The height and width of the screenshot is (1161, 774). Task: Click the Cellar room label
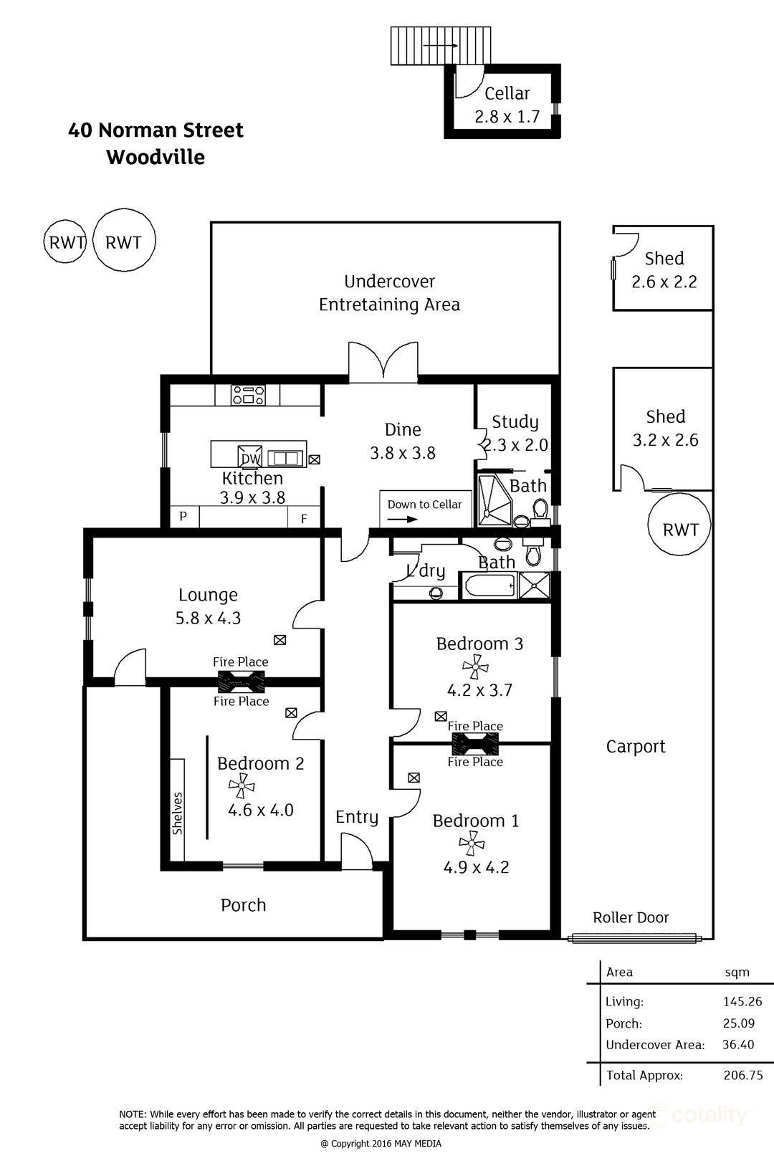507,93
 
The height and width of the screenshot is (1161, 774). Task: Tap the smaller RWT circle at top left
66,242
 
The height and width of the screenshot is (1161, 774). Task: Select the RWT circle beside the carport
679,530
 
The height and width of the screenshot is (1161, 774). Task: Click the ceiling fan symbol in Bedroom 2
242,786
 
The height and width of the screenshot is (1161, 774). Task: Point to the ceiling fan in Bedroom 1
471,844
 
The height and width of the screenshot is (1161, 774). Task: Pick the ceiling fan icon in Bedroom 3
475,667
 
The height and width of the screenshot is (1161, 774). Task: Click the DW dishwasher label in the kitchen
251,459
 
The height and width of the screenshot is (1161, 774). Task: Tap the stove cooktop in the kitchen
248,395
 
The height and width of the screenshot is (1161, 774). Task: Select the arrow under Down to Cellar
402,519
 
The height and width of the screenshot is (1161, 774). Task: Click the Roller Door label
631,917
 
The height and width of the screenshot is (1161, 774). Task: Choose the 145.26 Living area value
742,1002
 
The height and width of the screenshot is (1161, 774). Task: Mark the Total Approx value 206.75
742,1075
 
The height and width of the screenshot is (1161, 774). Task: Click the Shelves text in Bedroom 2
178,813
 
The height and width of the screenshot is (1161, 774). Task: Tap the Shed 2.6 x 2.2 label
664,269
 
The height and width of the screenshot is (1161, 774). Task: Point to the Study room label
515,421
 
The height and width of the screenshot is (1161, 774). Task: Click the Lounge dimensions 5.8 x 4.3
208,618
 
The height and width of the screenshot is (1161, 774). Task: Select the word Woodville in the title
156,157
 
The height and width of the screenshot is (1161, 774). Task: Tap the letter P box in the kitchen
183,516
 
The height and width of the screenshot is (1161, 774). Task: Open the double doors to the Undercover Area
383,360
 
